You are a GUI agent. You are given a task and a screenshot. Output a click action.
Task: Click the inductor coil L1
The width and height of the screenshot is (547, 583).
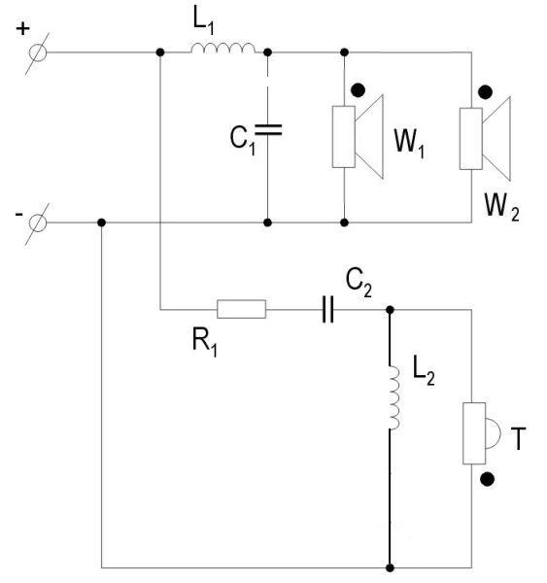(x=223, y=49)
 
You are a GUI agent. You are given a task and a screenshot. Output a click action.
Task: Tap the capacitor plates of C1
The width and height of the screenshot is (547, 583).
(x=268, y=130)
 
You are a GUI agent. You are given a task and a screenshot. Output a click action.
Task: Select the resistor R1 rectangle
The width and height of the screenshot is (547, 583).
(x=241, y=309)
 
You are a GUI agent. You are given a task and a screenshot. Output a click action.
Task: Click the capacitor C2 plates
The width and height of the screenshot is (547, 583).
(x=327, y=309)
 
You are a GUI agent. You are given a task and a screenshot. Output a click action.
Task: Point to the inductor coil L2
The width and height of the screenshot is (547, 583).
(x=394, y=397)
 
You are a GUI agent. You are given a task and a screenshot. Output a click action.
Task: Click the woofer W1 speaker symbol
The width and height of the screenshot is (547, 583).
(x=358, y=137)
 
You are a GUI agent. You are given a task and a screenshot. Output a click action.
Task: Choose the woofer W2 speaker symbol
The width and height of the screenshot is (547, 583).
(x=485, y=139)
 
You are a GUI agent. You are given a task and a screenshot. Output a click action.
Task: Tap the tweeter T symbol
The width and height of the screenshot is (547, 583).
(x=482, y=433)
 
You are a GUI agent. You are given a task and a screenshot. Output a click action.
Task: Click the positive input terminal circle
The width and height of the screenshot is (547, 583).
(x=38, y=52)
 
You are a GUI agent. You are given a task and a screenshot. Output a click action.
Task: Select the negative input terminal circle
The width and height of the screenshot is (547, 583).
(x=38, y=223)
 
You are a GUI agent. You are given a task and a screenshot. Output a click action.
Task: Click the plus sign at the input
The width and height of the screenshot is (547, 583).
(x=22, y=28)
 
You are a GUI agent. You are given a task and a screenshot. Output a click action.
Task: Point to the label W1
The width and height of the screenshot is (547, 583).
(x=409, y=144)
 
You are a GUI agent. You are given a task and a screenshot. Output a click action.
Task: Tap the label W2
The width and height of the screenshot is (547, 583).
(x=501, y=208)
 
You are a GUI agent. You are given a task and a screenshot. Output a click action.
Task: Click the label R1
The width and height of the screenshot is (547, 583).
(x=205, y=343)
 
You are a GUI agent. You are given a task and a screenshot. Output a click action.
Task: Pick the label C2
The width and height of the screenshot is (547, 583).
(x=359, y=283)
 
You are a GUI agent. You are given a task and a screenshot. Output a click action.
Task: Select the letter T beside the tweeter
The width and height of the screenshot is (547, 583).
(x=519, y=439)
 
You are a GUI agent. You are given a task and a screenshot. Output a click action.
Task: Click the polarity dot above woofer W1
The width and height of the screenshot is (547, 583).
(x=359, y=90)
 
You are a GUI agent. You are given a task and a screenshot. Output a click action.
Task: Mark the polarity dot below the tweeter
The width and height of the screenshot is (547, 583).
(x=487, y=479)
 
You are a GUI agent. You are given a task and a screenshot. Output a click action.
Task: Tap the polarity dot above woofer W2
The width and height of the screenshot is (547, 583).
(x=485, y=92)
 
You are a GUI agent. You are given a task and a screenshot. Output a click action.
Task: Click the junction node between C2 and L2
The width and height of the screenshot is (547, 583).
(x=390, y=310)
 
